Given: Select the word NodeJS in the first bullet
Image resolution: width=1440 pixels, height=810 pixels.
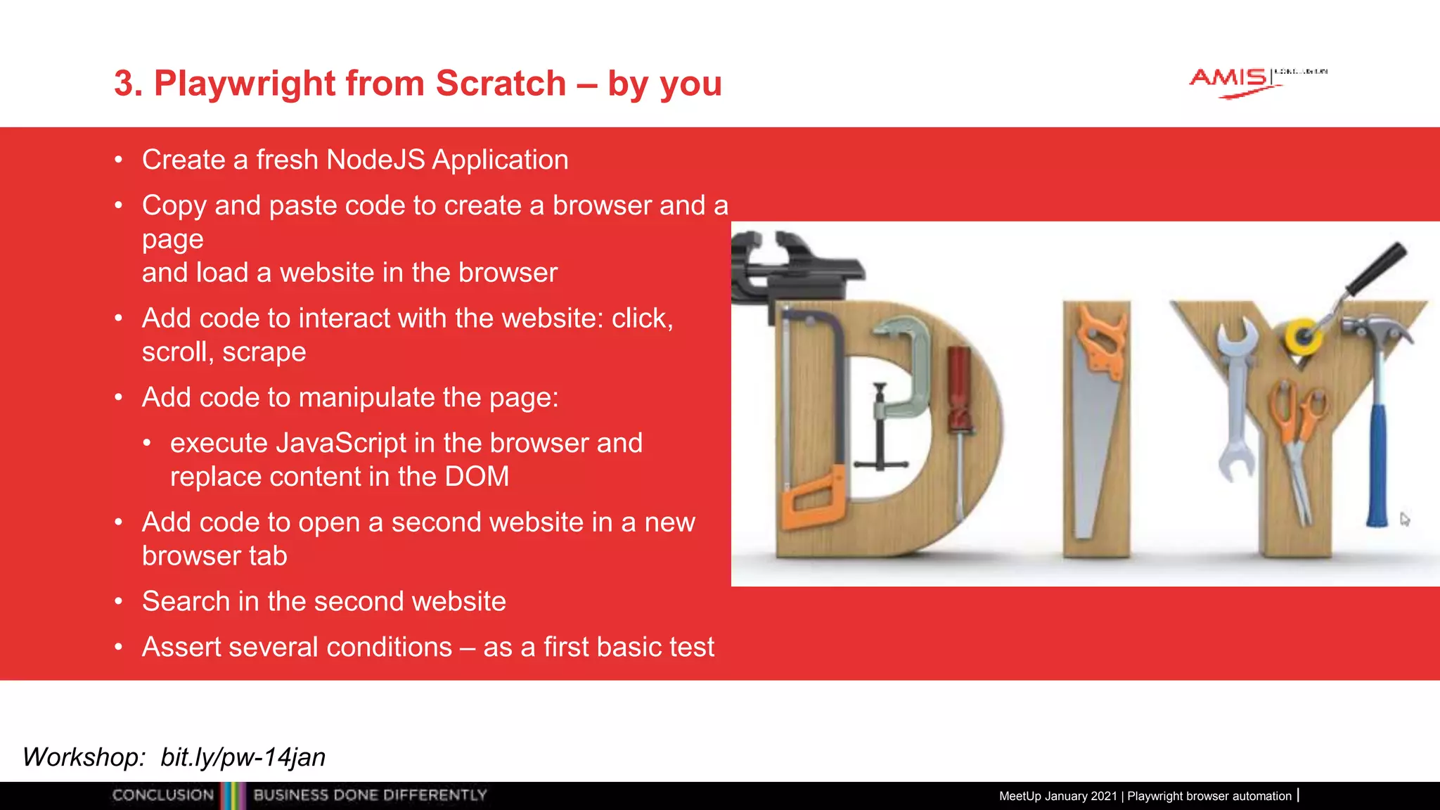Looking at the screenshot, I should [375, 160].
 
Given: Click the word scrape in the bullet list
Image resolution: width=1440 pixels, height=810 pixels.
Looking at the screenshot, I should [264, 352].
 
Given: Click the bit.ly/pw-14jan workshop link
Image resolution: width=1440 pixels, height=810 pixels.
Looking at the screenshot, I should [243, 757].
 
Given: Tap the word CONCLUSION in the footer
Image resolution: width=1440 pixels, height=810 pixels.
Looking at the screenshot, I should [163, 795].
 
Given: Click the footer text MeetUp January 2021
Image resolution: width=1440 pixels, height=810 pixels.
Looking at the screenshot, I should [1057, 796].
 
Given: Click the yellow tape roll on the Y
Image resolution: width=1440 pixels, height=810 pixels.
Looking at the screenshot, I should [1303, 336].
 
